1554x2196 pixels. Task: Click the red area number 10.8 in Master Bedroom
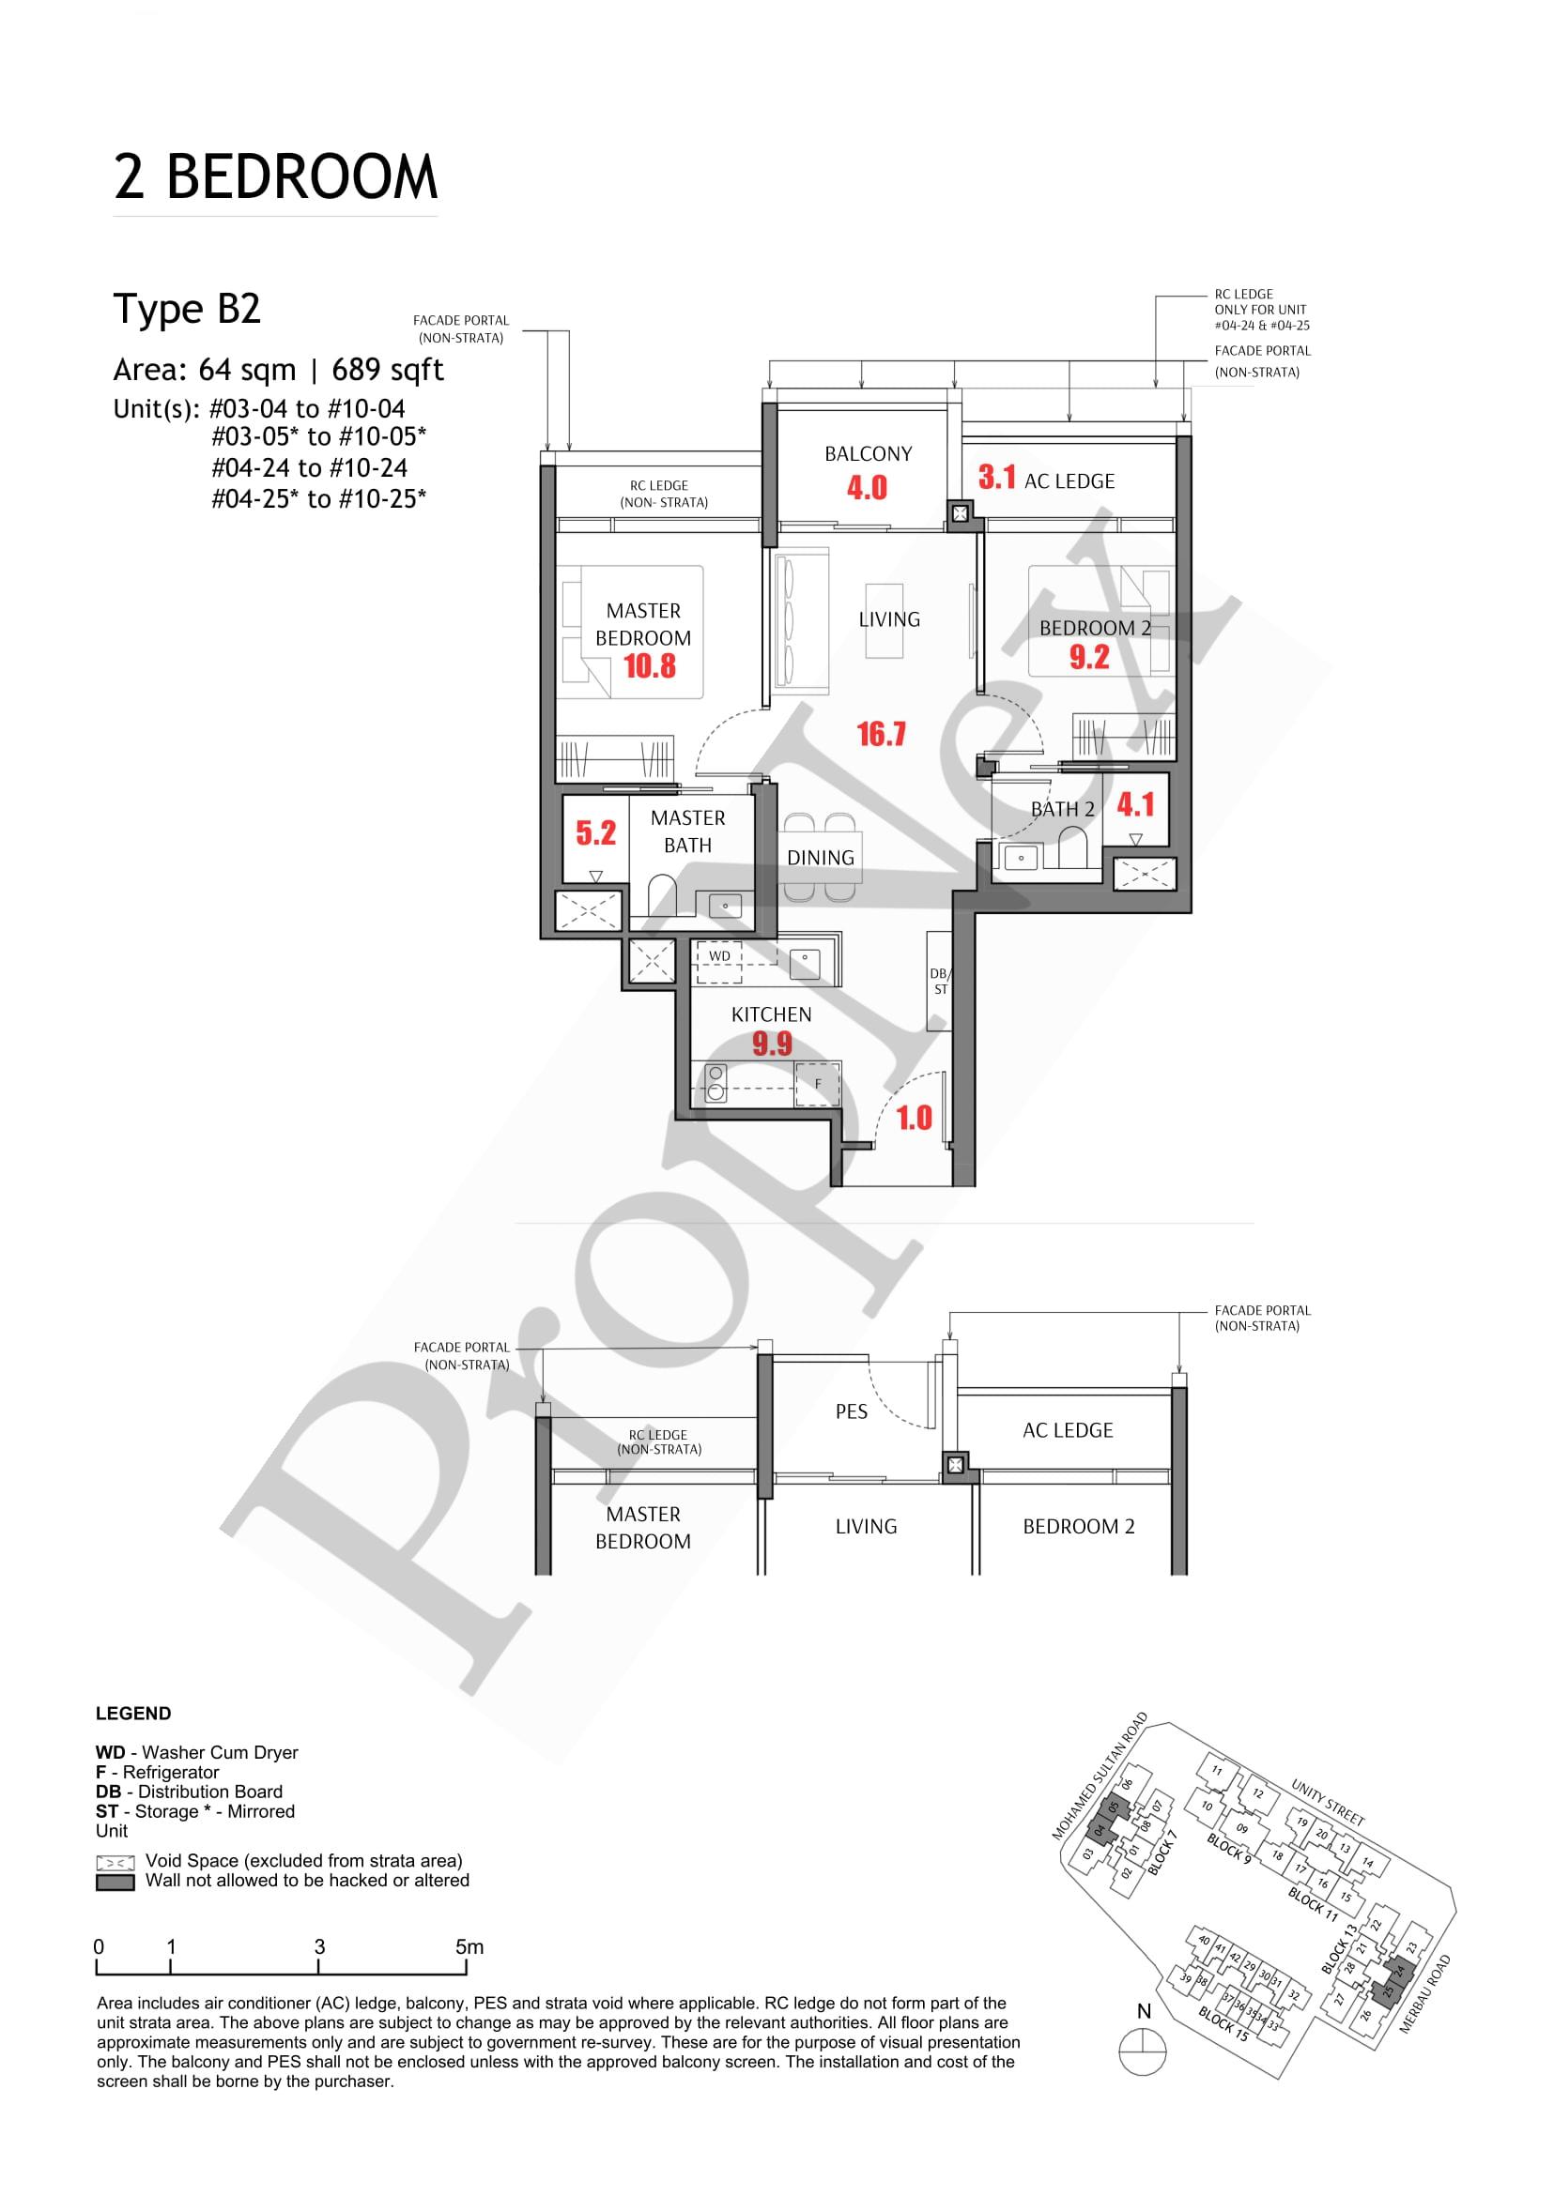tap(650, 665)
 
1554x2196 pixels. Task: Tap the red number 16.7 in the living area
tap(882, 735)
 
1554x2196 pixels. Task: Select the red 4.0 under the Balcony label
tap(867, 488)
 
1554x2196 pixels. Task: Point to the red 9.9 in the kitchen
tap(771, 1044)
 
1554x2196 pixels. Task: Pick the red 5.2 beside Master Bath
tap(595, 833)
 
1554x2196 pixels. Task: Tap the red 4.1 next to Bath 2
tap(1136, 804)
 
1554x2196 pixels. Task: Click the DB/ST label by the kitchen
tap(940, 982)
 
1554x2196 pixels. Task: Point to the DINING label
tap(820, 858)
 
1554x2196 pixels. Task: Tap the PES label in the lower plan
tap(851, 1411)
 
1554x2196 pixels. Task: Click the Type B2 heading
tap(188, 310)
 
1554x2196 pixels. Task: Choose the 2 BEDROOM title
tap(275, 178)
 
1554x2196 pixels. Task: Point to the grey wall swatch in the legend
tap(115, 1883)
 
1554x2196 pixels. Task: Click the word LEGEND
tap(133, 1714)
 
